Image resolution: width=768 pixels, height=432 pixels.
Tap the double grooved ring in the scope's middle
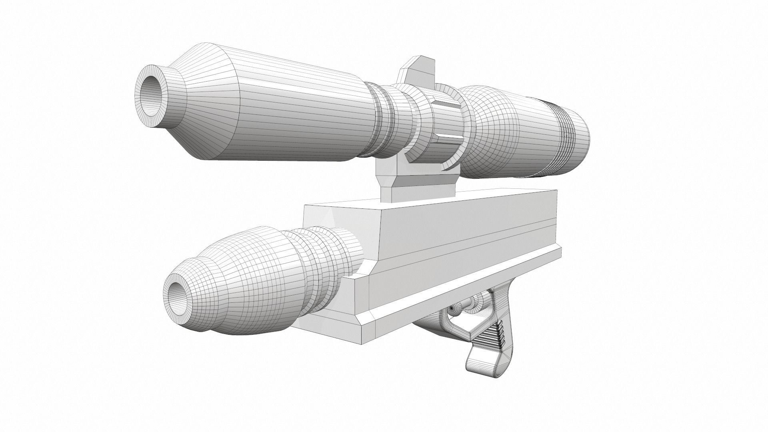(384, 120)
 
